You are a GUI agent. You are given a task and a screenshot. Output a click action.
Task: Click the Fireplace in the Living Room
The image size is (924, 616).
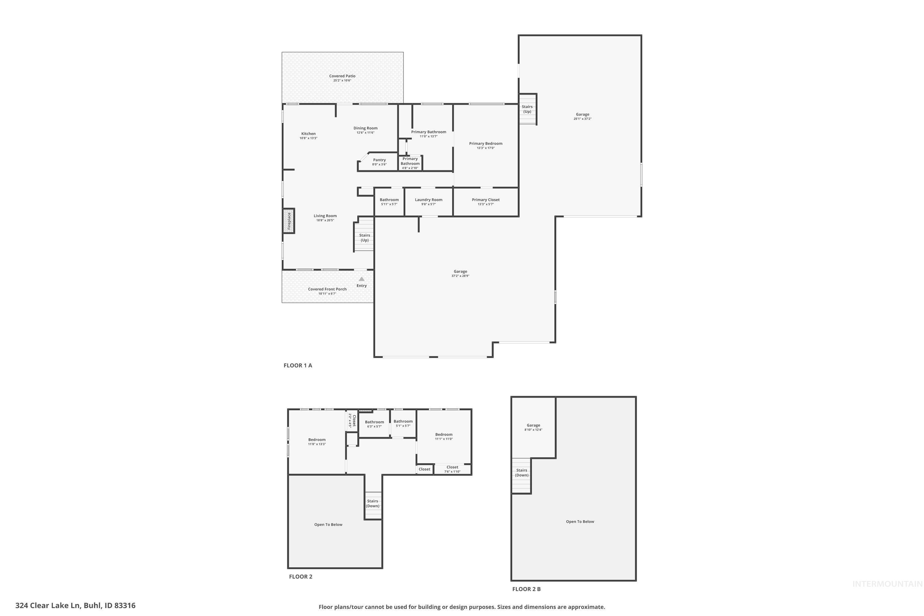click(x=289, y=221)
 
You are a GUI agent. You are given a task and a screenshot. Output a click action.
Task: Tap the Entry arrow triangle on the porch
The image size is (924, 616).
click(x=361, y=279)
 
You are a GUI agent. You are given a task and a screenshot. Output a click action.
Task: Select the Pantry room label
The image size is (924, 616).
click(x=379, y=160)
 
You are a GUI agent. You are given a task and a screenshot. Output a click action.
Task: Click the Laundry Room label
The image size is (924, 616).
click(x=428, y=200)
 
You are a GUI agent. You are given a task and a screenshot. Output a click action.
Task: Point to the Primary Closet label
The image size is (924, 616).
click(x=486, y=200)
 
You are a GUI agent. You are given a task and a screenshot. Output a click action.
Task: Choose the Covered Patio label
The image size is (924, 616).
click(x=342, y=76)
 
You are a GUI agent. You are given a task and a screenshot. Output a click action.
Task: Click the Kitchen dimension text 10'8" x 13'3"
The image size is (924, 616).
click(x=308, y=138)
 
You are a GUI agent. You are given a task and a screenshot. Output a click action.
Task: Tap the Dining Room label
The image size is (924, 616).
click(x=365, y=128)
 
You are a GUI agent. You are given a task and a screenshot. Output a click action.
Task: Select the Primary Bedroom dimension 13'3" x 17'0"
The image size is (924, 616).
click(x=486, y=148)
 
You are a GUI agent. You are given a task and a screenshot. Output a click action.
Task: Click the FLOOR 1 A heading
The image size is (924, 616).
click(x=298, y=365)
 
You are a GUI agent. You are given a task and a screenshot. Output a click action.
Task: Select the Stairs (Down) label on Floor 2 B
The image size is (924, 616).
click(x=521, y=472)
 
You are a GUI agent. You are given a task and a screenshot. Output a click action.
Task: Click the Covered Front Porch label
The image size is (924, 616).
click(x=327, y=289)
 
